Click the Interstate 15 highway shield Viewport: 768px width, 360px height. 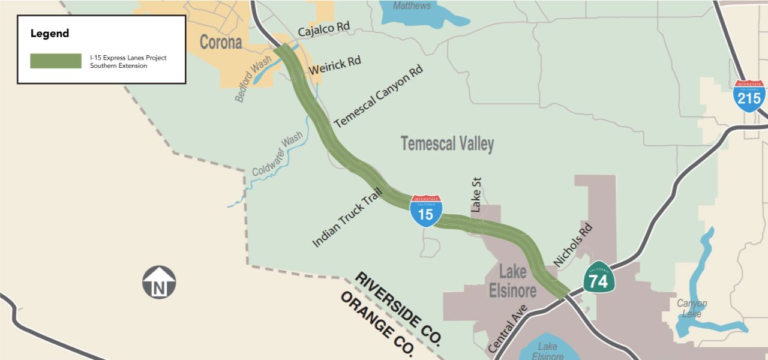pyautogui.click(x=426, y=211)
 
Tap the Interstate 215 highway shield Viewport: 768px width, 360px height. pyautogui.click(x=749, y=96)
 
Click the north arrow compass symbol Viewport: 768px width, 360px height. pyautogui.click(x=159, y=283)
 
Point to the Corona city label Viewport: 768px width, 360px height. pyautogui.click(x=221, y=43)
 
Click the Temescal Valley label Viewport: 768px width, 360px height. pyautogui.click(x=447, y=144)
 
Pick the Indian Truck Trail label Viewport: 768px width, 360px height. pyautogui.click(x=347, y=217)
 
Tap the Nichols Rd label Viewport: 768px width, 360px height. pyautogui.click(x=572, y=245)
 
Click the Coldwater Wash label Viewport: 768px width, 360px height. pyautogui.click(x=277, y=154)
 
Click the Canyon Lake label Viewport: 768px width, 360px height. pyautogui.click(x=692, y=308)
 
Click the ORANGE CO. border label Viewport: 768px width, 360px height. pyautogui.click(x=377, y=324)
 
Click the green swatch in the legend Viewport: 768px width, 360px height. pyautogui.click(x=56, y=61)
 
